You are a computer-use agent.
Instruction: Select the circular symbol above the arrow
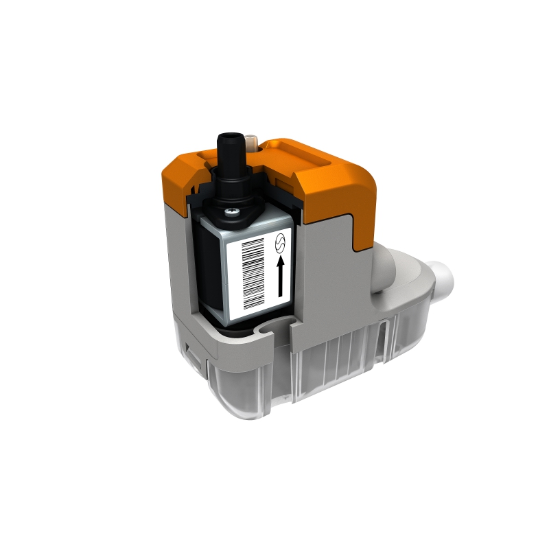(279, 243)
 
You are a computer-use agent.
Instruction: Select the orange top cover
(323, 178)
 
